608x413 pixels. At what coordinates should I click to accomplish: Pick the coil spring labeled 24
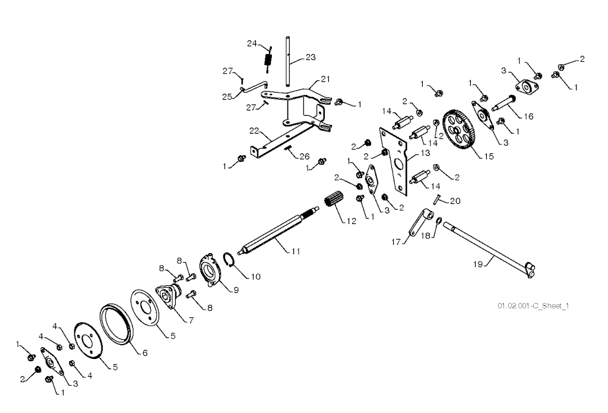[267, 60]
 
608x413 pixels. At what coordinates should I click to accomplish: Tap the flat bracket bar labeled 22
[279, 140]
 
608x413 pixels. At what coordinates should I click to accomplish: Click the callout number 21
[325, 78]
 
